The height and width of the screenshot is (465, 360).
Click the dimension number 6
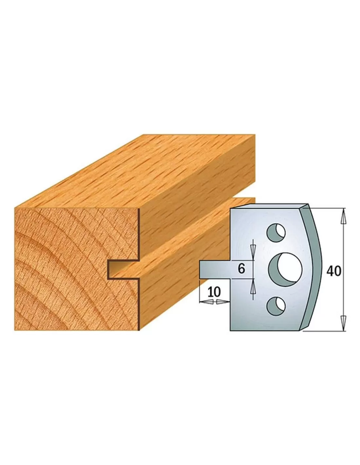coord(241,269)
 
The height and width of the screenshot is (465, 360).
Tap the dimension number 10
coord(214,292)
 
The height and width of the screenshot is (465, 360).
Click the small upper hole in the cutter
coord(276,233)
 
